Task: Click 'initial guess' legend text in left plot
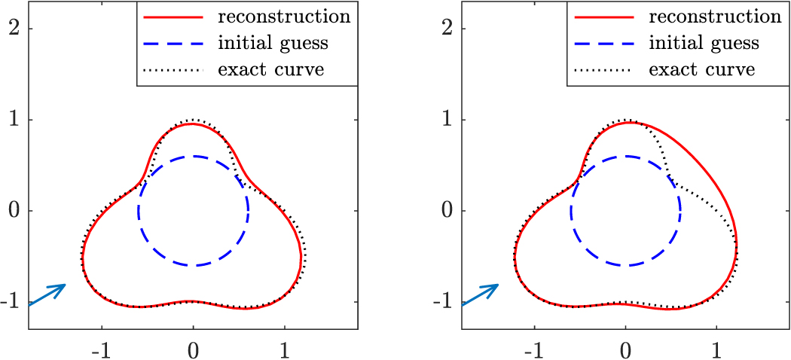coord(273,43)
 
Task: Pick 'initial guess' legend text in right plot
coord(705,43)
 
